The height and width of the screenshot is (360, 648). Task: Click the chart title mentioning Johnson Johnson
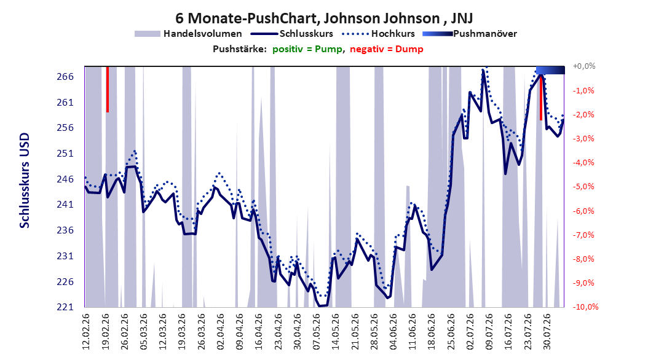(x=325, y=18)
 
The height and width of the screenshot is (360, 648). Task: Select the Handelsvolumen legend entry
(x=188, y=34)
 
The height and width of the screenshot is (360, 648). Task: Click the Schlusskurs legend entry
(x=292, y=34)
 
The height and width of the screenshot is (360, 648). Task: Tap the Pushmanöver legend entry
(x=470, y=34)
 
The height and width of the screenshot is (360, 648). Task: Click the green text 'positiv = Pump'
(x=307, y=49)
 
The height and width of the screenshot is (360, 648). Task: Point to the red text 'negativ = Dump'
(x=387, y=49)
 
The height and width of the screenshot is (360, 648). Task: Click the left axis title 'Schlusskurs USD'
(x=25, y=181)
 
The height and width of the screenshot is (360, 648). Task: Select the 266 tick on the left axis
(x=65, y=77)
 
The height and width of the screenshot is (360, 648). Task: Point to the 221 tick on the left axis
(x=65, y=307)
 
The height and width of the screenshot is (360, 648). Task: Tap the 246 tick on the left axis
(x=65, y=179)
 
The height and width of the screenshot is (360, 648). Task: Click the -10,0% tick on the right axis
(x=585, y=307)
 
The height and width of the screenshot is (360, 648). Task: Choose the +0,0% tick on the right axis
(x=584, y=66)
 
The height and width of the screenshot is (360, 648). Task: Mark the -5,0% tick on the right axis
(x=584, y=187)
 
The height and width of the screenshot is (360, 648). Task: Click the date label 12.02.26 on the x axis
(x=86, y=332)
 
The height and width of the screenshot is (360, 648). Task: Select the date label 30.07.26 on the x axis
(x=547, y=332)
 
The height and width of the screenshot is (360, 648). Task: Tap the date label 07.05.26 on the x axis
(x=317, y=332)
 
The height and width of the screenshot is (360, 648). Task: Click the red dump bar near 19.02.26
(x=108, y=89)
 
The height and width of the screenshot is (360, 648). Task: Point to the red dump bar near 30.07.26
(x=541, y=98)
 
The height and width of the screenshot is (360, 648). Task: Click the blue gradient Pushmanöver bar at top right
(x=550, y=70)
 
